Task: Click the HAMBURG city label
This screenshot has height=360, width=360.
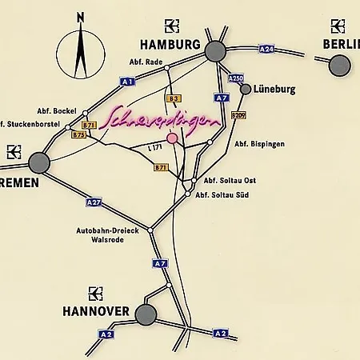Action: point(170,45)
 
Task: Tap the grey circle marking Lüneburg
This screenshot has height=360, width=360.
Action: point(246,89)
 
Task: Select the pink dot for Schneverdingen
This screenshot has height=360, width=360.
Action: point(172,138)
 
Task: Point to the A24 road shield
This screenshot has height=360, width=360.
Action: point(266,49)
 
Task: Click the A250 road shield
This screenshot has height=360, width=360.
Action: point(235,78)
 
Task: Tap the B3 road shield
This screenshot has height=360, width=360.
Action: point(172,98)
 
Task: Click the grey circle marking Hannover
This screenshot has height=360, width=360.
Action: point(145,314)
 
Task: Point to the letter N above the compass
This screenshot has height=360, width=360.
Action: point(79,17)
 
